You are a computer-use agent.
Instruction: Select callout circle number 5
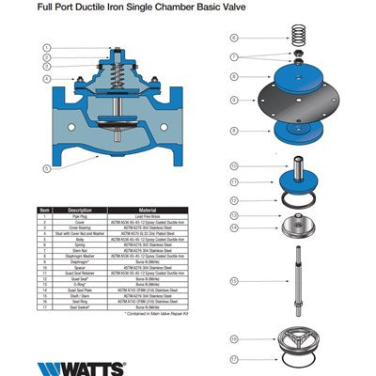[46, 168]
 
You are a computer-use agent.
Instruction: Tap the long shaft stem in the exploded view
[302, 282]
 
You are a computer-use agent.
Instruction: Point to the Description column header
[80, 210]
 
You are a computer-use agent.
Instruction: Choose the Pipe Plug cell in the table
[80, 216]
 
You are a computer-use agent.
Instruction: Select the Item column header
[43, 210]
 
